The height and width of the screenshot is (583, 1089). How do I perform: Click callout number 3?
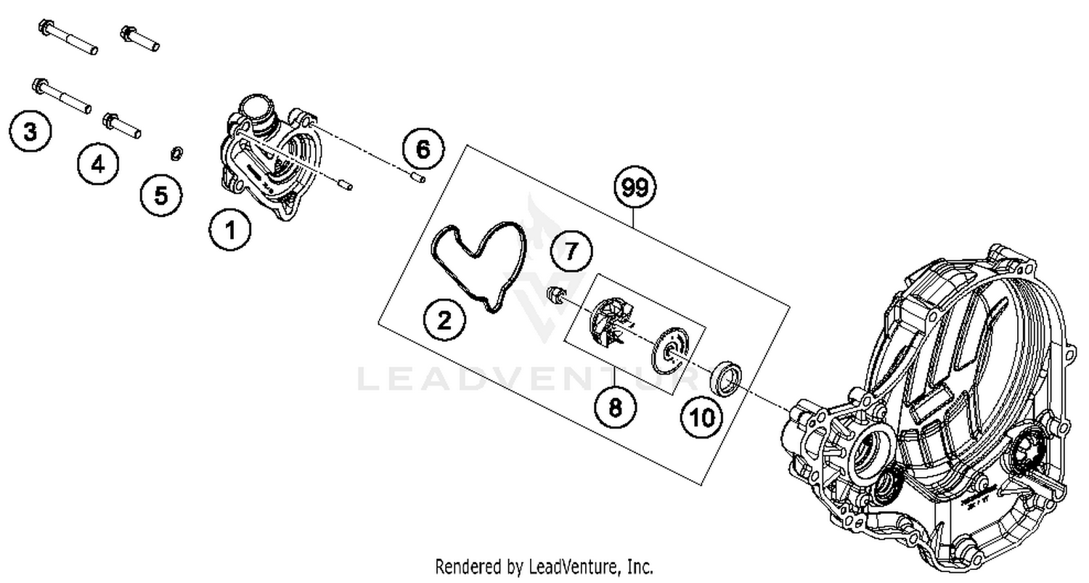coord(30,131)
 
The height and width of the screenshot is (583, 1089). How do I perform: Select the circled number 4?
coord(97,165)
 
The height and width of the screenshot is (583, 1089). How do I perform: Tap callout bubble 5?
coord(160,195)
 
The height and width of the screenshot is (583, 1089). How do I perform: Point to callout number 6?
coord(423,150)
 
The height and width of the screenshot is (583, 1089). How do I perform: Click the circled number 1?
coord(230,231)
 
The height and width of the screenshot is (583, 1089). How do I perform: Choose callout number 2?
coord(444,319)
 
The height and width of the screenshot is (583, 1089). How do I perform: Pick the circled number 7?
coord(571,251)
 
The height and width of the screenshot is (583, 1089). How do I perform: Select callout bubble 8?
coord(615,407)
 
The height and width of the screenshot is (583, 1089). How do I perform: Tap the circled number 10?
coord(702,417)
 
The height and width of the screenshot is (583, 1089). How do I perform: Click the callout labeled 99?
coord(634,188)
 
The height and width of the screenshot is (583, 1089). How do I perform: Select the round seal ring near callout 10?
coord(725,378)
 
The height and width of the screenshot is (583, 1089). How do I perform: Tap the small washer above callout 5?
coord(176,152)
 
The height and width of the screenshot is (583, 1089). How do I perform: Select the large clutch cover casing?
coord(944,407)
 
